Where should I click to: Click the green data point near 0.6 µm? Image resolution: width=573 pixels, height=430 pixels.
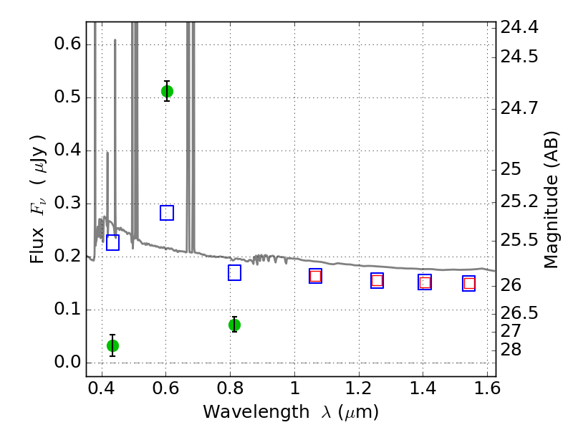coord(167,91)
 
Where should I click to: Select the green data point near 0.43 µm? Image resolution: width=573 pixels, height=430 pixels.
coord(112,345)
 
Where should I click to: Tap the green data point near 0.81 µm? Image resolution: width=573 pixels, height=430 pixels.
coord(234,325)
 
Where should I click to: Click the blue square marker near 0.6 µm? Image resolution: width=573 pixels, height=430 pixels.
coord(167,213)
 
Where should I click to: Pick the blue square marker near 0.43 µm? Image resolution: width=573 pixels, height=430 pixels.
coord(112,242)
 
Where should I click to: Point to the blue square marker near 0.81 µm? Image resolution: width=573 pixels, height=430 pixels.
coord(234,273)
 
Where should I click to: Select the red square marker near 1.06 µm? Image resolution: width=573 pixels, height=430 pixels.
coord(315,276)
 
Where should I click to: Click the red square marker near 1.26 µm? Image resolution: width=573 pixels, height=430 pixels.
coord(377,280)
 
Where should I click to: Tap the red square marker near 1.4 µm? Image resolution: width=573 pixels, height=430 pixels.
coord(425,282)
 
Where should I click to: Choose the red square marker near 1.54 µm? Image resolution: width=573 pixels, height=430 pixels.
coord(469,284)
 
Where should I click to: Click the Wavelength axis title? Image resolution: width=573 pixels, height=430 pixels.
coord(290,413)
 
